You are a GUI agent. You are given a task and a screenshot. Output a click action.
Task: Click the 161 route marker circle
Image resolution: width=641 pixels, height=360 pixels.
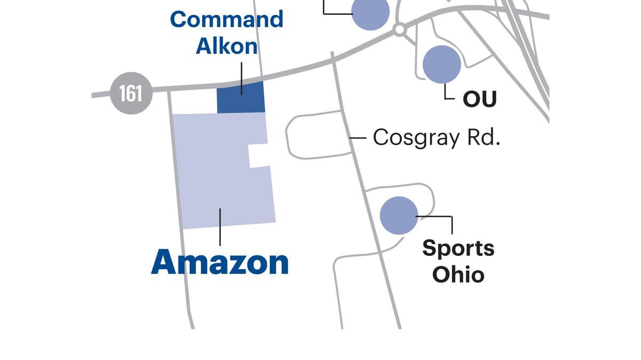click(x=131, y=93)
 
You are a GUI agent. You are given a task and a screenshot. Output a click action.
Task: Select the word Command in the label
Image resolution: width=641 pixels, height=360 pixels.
click(x=226, y=20)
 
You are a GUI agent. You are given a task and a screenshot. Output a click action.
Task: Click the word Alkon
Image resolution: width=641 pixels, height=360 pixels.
click(x=226, y=46)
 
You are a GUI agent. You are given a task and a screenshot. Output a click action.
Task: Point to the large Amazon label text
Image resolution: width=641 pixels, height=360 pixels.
click(x=220, y=262)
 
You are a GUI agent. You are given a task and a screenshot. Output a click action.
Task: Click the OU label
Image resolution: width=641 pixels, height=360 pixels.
click(x=479, y=99)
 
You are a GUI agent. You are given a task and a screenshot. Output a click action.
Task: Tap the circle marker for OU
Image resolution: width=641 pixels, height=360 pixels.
click(x=442, y=64)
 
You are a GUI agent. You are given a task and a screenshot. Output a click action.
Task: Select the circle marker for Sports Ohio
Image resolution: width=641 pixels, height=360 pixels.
click(x=399, y=215)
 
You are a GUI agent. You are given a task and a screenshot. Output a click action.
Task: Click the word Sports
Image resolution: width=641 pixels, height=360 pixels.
click(x=458, y=248)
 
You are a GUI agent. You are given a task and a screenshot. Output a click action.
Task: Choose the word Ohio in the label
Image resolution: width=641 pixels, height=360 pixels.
click(x=458, y=275)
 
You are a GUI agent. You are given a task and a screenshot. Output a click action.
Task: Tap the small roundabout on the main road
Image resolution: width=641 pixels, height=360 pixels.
click(x=399, y=29)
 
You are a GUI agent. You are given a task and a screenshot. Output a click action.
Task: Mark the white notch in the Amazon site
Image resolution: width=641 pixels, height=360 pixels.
click(x=259, y=155)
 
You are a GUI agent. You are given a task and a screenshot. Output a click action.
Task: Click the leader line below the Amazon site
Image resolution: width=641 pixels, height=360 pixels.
click(x=220, y=227)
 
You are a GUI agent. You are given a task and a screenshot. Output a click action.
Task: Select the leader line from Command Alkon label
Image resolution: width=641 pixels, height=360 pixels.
click(x=241, y=78)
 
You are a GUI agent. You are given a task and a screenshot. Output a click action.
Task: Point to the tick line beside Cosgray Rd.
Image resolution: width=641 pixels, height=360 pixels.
click(x=358, y=138)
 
